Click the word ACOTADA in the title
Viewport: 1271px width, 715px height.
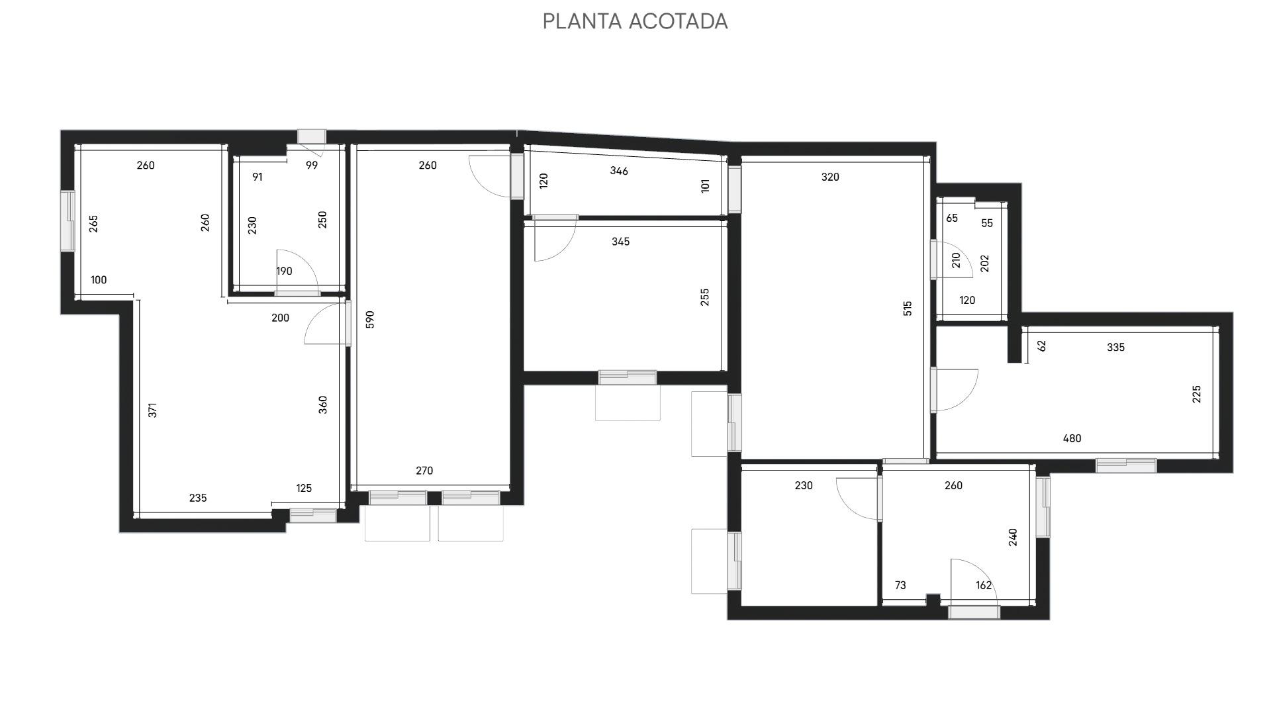(679, 21)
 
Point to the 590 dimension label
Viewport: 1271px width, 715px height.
(370, 319)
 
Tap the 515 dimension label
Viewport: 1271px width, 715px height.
(908, 309)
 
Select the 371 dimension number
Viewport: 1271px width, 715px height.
(153, 410)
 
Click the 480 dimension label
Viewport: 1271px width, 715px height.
(1072, 438)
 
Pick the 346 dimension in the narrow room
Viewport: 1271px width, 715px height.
(619, 171)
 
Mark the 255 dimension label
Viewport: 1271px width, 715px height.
(705, 297)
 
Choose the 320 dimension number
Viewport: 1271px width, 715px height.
(830, 177)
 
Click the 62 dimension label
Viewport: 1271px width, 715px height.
(1042, 346)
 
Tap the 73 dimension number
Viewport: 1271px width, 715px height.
(900, 585)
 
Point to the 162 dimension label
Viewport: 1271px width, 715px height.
(984, 585)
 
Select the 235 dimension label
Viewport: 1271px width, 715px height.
(198, 498)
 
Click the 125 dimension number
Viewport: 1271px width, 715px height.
(304, 489)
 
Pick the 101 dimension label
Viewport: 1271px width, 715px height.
(706, 185)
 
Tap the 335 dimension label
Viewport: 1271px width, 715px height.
(1115, 347)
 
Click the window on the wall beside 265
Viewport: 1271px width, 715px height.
(68, 221)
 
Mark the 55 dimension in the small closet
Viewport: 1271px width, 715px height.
(987, 223)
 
